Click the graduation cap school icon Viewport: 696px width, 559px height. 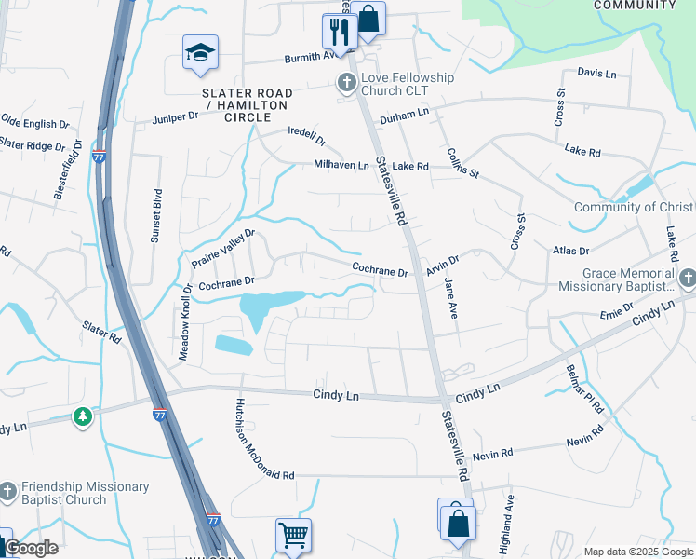200,53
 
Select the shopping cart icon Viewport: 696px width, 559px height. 292,536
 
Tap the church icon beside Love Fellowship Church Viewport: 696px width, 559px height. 346,84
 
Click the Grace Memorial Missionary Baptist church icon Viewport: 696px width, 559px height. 687,279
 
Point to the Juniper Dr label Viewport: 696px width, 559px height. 175,117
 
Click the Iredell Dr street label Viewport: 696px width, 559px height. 307,137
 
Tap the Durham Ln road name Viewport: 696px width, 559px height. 409,112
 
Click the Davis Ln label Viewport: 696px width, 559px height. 596,73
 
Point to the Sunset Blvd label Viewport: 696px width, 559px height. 156,217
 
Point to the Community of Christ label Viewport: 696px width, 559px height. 634,207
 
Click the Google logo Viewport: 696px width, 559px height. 32,548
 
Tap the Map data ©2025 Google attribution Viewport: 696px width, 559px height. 637,552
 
